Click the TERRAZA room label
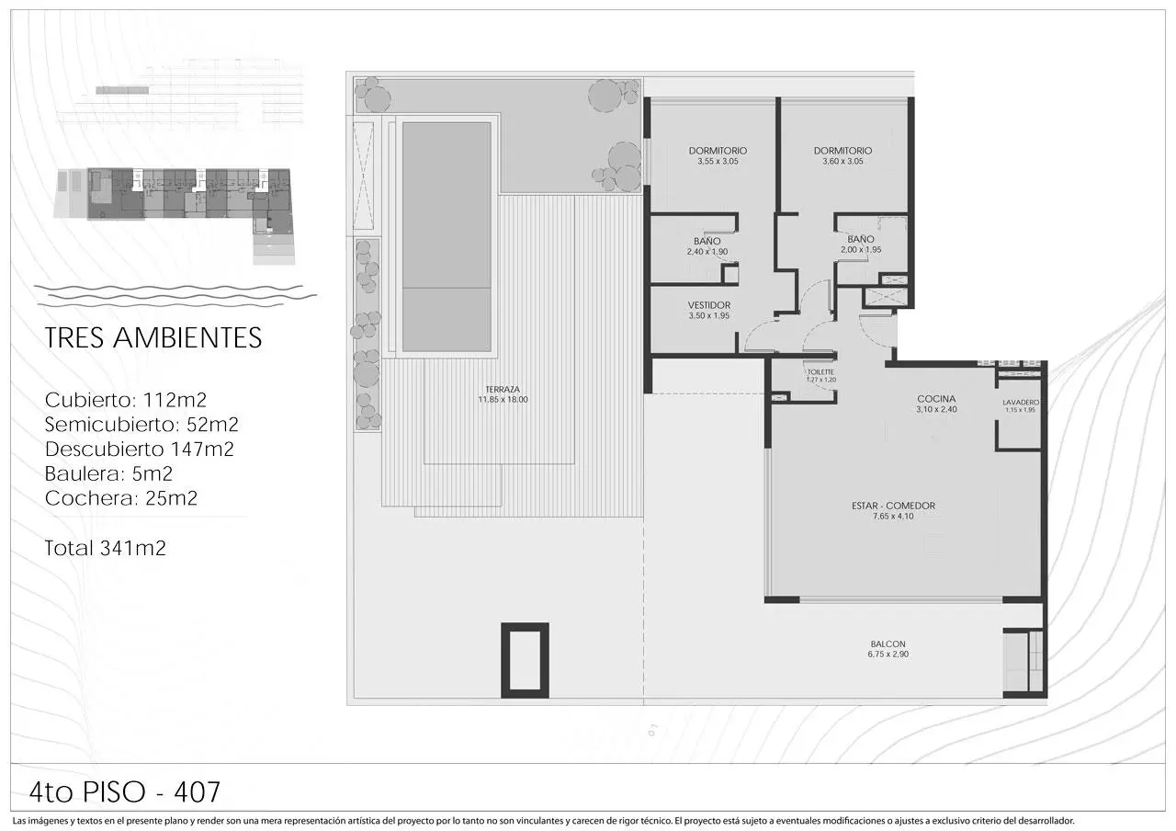[x=503, y=389]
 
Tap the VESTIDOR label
[x=708, y=305]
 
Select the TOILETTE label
[x=820, y=372]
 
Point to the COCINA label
[x=936, y=399]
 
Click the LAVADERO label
[x=1021, y=403]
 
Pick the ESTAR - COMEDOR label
[x=893, y=506]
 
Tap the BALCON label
[x=888, y=644]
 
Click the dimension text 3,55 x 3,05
[x=718, y=162]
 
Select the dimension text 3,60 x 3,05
[x=842, y=162]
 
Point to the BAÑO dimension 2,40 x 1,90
[x=707, y=252]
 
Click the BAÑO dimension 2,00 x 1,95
[x=861, y=250]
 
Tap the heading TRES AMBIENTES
[x=153, y=337]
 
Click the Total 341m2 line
[x=105, y=549]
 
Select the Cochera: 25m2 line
[x=120, y=498]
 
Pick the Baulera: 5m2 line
[x=108, y=473]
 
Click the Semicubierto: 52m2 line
[x=141, y=425]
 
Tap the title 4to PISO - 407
[x=124, y=792]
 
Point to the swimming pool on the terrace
[x=447, y=237]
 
